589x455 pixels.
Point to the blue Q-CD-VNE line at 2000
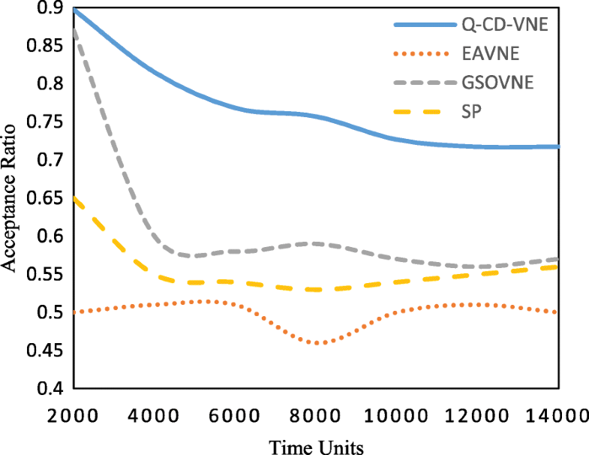pos(74,10)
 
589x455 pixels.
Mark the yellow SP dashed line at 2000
pos(74,198)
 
